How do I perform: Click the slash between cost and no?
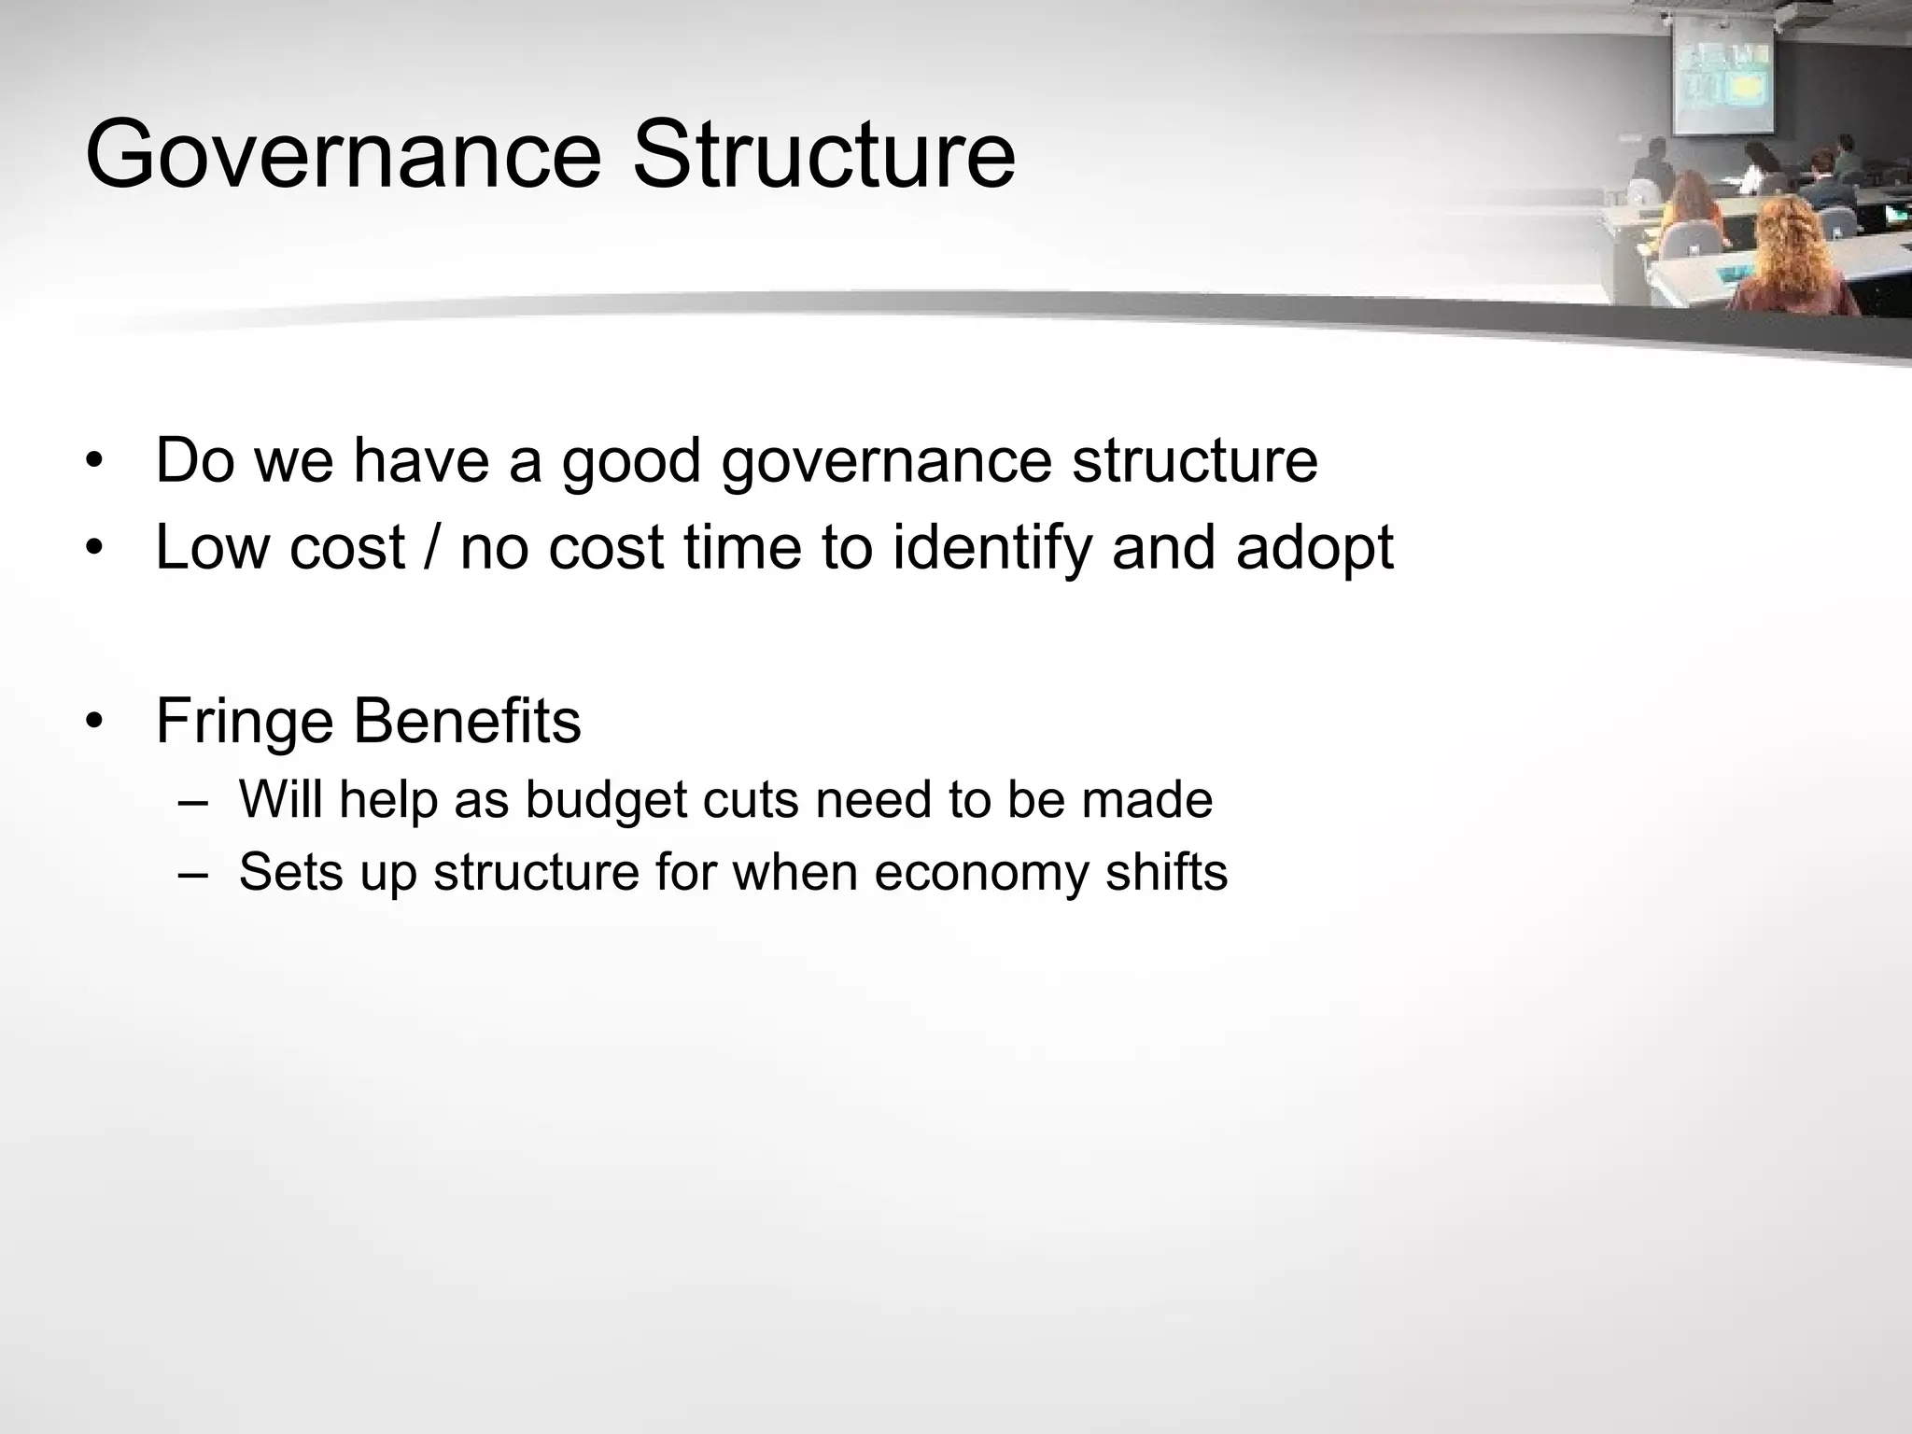click(431, 547)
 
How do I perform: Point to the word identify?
click(991, 547)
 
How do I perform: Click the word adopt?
click(1314, 549)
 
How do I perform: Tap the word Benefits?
click(467, 720)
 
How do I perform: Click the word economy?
click(981, 873)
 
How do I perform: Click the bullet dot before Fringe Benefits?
click(93, 723)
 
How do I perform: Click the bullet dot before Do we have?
click(93, 463)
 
